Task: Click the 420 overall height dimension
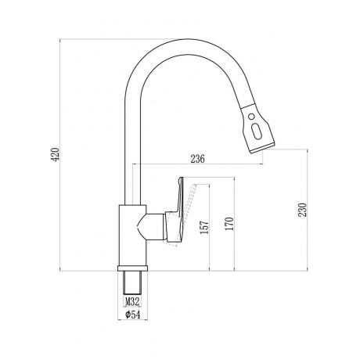pos(56,154)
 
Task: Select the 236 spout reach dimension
pos(197,159)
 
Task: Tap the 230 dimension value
pos(302,210)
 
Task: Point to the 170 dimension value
pos(229,224)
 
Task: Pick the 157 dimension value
pos(205,227)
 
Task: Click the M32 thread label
pos(132,302)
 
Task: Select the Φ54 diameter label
pos(132,315)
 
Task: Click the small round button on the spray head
pos(251,117)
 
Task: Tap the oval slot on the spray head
pos(256,130)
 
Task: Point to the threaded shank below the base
pos(132,283)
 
